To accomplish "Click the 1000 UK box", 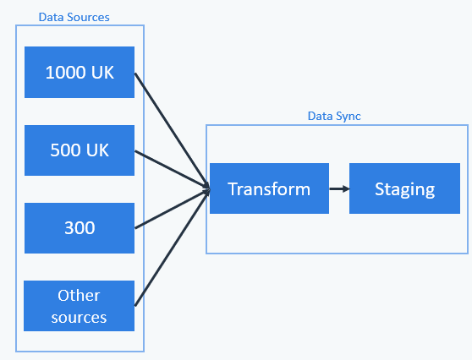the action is [x=80, y=72].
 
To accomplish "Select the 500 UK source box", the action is [x=80, y=150].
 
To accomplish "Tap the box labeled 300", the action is [x=80, y=228].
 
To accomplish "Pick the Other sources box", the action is [x=80, y=306].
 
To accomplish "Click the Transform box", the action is [x=270, y=188].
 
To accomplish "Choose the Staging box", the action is [x=404, y=188].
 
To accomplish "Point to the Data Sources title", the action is [x=74, y=17].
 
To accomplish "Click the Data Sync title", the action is [x=334, y=116].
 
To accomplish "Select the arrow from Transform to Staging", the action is [x=339, y=188].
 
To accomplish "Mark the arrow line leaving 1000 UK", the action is [x=173, y=131].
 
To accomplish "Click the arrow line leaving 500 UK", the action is [x=173, y=170].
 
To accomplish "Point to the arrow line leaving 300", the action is [x=173, y=209].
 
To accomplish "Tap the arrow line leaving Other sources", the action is [x=173, y=248].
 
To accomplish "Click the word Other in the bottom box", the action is [x=79, y=295].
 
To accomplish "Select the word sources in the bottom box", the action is [x=79, y=318].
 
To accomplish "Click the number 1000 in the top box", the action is [x=65, y=73].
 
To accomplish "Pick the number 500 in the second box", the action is [x=65, y=150].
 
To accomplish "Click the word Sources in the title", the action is [x=89, y=17].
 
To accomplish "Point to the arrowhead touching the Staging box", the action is [x=346, y=188].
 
